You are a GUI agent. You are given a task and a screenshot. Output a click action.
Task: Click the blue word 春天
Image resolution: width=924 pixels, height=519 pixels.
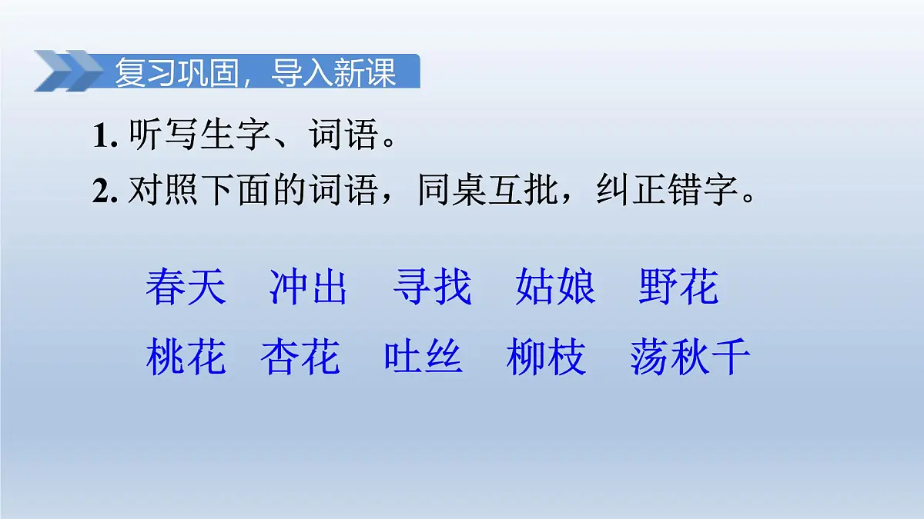click(x=186, y=288)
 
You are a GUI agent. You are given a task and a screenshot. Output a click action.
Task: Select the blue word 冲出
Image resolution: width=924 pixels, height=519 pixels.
click(x=308, y=288)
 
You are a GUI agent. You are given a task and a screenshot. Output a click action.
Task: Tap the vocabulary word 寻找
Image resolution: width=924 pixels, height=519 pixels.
click(x=431, y=288)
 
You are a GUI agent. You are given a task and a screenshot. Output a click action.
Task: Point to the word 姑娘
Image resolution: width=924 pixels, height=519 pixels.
click(x=554, y=288)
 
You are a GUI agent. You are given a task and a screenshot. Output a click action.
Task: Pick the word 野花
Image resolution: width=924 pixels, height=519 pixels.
click(x=678, y=288)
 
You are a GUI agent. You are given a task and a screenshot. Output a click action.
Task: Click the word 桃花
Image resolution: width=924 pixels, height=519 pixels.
click(x=186, y=358)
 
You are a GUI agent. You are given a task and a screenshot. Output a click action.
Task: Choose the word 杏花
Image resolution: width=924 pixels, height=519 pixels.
click(x=300, y=358)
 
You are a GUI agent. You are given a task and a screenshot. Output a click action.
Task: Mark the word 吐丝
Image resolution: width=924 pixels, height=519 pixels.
click(x=423, y=358)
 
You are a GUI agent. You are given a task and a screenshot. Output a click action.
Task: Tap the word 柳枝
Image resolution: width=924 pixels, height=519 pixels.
click(x=546, y=358)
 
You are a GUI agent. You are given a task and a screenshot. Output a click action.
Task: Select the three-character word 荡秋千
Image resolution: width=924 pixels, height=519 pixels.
click(x=689, y=358)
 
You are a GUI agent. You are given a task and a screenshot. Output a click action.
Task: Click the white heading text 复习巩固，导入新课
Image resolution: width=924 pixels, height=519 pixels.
click(x=255, y=73)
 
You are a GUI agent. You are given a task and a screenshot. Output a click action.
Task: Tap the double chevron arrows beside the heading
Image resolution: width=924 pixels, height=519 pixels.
click(x=68, y=71)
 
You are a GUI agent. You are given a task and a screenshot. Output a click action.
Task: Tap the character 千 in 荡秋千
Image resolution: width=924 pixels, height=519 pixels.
click(x=731, y=358)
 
